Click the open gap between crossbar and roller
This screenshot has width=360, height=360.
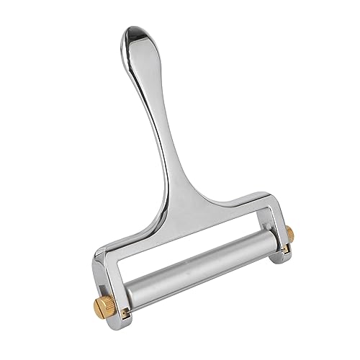click(x=187, y=238)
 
